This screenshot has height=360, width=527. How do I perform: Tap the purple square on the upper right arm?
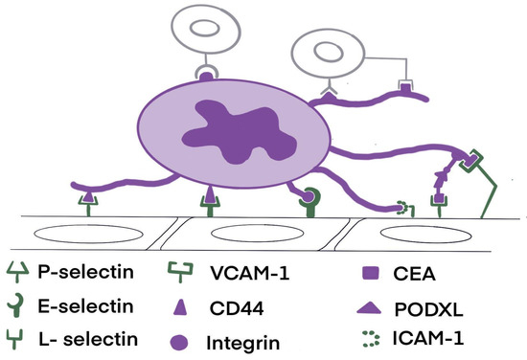[405, 89]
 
